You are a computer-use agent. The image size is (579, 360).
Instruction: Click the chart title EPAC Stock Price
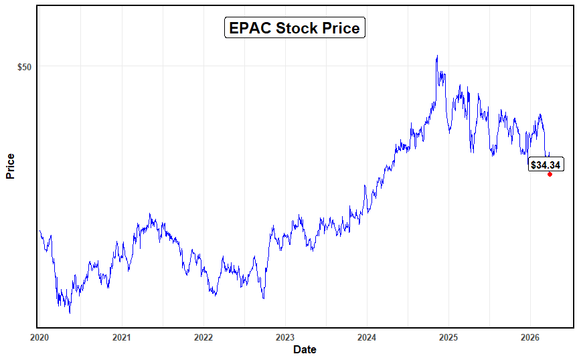[295, 28]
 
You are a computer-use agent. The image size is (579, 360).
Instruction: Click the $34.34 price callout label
[546, 165]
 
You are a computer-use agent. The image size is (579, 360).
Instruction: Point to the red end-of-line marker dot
[550, 174]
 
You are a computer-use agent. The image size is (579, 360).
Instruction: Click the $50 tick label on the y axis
[24, 67]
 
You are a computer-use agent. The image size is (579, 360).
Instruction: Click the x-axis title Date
[305, 349]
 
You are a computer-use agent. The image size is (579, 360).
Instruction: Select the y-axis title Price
[10, 167]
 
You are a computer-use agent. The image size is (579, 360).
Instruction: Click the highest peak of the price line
[437, 56]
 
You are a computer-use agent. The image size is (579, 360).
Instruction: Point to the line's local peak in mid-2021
[150, 214]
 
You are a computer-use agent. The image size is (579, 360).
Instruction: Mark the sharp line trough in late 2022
[263, 298]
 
